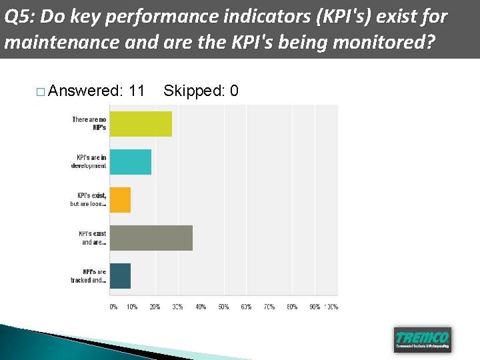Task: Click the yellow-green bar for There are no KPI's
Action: (x=141, y=124)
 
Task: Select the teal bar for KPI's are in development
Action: (x=131, y=162)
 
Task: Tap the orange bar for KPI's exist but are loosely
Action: (x=120, y=200)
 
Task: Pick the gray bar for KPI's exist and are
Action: (x=151, y=238)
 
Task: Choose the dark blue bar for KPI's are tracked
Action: (x=120, y=276)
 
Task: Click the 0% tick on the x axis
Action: (x=113, y=307)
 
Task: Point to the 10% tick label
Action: (x=132, y=307)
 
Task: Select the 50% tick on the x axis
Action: (x=223, y=307)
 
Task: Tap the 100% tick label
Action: (x=331, y=307)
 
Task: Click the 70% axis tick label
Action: (x=269, y=307)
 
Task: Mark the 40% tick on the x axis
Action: (x=201, y=307)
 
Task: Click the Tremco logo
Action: (x=422, y=339)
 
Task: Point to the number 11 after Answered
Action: (x=137, y=91)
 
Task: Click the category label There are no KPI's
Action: (x=89, y=123)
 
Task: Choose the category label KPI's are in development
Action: (x=89, y=162)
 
